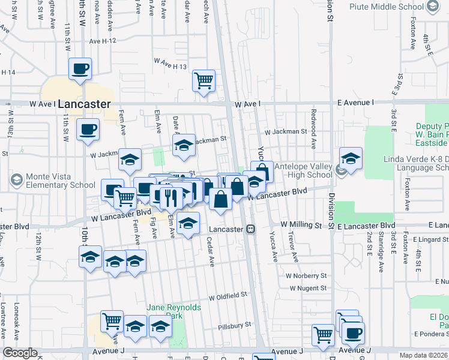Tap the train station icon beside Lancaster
250,229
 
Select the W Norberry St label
306,276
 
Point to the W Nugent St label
307,288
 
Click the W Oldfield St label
228,296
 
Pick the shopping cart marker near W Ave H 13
204,80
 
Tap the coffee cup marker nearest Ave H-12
80,68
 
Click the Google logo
20,353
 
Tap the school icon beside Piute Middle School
432,7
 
